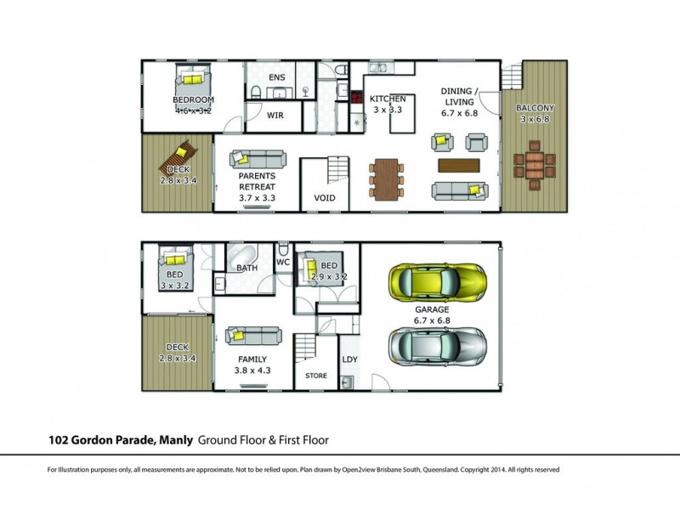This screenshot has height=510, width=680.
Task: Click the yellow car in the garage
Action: pos(437,282)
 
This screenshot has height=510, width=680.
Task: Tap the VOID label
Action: pos(325,198)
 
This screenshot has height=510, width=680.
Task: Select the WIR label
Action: pos(275,116)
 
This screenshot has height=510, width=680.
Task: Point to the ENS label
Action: pos(277,77)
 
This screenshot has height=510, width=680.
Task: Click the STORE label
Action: pos(315,376)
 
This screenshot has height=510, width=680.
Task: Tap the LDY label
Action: pos(349,360)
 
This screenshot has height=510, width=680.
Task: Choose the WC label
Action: pos(283,262)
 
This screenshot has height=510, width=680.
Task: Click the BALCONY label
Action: pos(535,108)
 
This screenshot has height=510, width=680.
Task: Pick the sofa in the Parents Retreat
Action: pos(258,159)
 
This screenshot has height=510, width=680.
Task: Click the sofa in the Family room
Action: pos(253,336)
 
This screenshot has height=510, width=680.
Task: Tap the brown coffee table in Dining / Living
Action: pos(459,166)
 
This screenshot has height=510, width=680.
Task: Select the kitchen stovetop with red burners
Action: pos(356,97)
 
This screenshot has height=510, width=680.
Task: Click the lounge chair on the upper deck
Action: pos(178,158)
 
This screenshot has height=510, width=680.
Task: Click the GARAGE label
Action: pos(432,309)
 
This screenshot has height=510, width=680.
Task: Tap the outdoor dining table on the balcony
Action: pos(535,166)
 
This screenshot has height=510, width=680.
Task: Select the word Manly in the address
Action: pos(176,440)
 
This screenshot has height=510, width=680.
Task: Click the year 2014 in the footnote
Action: pos(497,470)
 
